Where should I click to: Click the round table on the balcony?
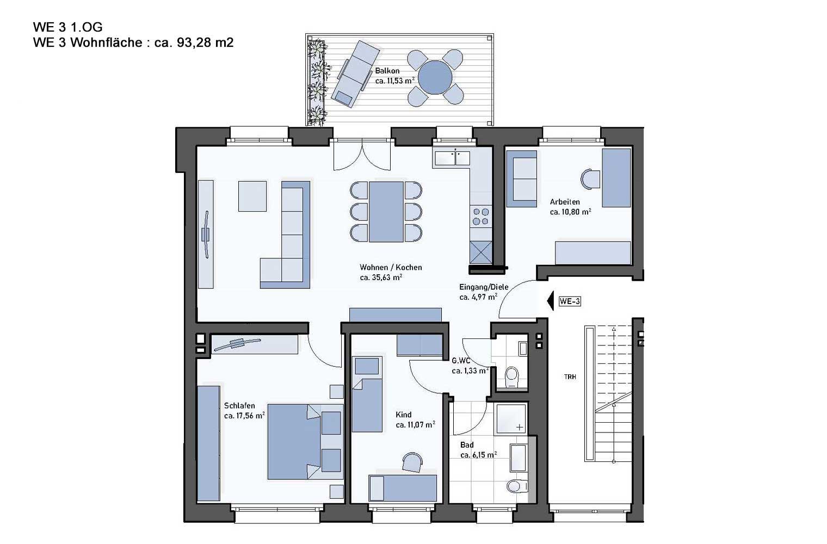pyautogui.click(x=436, y=77)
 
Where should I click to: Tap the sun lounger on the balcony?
pyautogui.click(x=355, y=74)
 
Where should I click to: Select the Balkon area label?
pyautogui.click(x=394, y=76)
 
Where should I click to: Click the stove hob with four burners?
pyautogui.click(x=481, y=217)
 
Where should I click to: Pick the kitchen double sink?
pyautogui.click(x=452, y=158)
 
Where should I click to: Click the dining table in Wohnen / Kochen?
pyautogui.click(x=386, y=212)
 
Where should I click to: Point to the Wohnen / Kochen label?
pyautogui.click(x=391, y=267)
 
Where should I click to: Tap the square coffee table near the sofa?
pyautogui.click(x=252, y=196)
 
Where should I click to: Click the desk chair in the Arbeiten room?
pyautogui.click(x=590, y=180)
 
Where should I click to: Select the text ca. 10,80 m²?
pyautogui.click(x=570, y=212)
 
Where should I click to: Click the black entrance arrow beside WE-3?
pyautogui.click(x=550, y=301)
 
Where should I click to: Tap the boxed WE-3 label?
pyautogui.click(x=570, y=301)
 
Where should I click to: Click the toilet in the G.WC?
pyautogui.click(x=511, y=376)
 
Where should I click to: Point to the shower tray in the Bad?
pyautogui.click(x=511, y=418)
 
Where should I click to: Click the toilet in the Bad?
pyautogui.click(x=517, y=486)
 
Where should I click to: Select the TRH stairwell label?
pyautogui.click(x=570, y=377)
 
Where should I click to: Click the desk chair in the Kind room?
pyautogui.click(x=412, y=462)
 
